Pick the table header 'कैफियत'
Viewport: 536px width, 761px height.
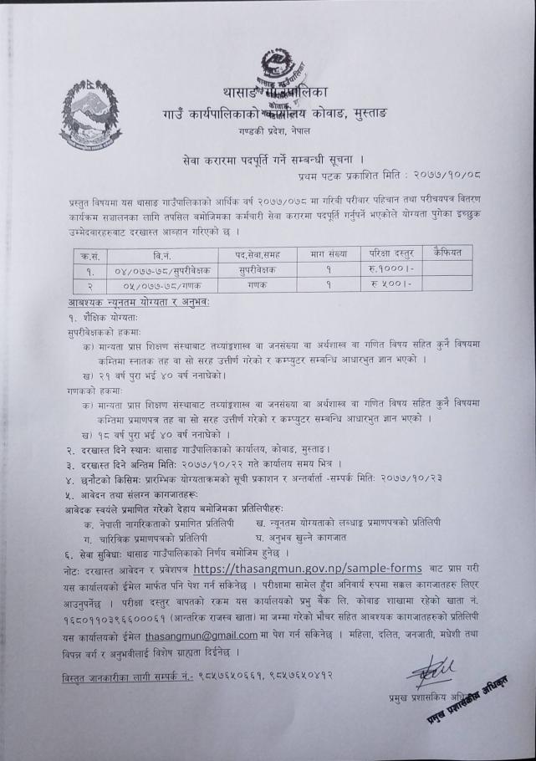tap(452, 253)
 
